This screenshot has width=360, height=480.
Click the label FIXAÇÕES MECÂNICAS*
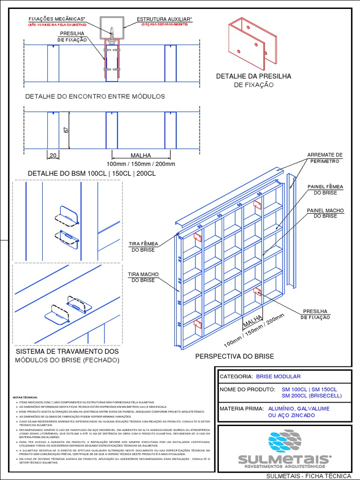tap(57, 19)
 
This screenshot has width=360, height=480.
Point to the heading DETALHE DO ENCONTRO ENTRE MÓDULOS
tap(95, 96)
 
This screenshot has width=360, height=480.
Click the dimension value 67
tap(66, 129)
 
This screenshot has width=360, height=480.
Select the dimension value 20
tap(52, 155)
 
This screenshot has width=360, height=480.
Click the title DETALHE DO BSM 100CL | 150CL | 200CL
tap(92, 173)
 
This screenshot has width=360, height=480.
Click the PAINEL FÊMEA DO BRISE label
tap(325, 189)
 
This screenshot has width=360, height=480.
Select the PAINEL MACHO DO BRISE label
tap(325, 213)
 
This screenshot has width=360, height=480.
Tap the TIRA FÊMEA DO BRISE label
tap(143, 247)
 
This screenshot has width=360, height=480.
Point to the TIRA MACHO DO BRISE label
tap(143, 277)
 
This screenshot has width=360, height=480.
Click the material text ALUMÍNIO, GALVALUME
tap(298, 409)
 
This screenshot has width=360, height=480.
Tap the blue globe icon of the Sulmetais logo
tap(285, 442)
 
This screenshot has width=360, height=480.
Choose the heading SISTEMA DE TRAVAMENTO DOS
tap(67, 351)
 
